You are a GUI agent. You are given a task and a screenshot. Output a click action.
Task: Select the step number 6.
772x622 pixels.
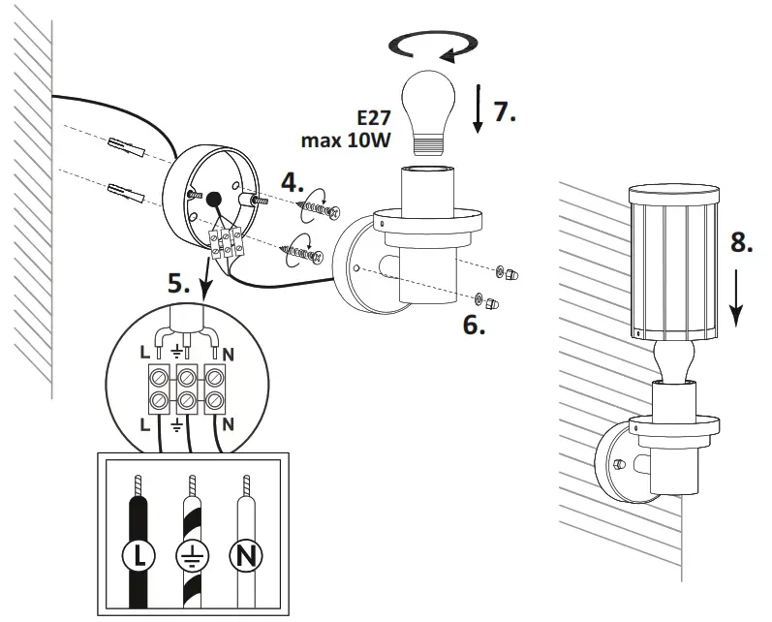(474, 324)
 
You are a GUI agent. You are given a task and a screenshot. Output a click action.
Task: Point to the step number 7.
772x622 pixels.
(505, 110)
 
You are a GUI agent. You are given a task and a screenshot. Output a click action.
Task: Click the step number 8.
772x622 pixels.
(741, 242)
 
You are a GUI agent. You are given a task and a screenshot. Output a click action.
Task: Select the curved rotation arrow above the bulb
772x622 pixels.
(431, 45)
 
